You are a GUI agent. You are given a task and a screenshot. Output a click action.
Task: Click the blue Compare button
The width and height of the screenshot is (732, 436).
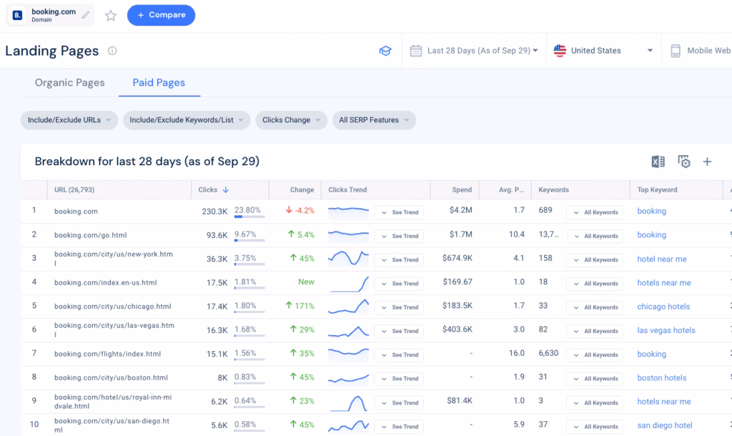point(161,15)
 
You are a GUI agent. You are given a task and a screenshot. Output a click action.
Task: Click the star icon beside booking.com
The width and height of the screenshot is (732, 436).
point(111,15)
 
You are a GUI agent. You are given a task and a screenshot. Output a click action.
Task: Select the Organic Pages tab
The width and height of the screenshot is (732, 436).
point(70,83)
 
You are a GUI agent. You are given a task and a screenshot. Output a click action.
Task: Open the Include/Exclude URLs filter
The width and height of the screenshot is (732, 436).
point(69,120)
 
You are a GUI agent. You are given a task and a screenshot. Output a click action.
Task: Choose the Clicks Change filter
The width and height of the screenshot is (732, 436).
point(291,120)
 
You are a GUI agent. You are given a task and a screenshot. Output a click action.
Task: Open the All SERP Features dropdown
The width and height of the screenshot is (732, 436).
point(374,120)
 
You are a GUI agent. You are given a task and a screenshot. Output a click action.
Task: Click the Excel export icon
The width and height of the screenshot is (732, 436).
point(658,162)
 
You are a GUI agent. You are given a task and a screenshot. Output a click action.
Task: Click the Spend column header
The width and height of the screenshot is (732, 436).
point(462,190)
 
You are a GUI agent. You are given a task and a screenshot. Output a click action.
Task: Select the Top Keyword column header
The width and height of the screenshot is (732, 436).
point(657,190)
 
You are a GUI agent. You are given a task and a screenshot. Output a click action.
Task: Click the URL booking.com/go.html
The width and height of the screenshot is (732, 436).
point(86,235)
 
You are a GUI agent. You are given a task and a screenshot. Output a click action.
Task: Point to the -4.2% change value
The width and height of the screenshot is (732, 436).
point(300,211)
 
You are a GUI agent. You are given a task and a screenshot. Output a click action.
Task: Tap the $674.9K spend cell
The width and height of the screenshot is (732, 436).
point(457,259)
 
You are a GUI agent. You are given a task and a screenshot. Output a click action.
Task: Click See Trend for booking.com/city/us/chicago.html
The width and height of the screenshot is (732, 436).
point(400,307)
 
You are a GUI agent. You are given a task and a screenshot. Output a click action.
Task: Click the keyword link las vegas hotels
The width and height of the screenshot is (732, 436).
point(666,330)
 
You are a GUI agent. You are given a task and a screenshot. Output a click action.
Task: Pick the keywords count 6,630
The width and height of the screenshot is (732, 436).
point(549,354)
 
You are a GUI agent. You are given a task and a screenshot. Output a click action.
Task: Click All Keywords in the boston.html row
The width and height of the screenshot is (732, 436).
point(595,379)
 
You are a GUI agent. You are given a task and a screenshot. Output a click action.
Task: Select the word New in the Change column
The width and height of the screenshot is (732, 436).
point(306,282)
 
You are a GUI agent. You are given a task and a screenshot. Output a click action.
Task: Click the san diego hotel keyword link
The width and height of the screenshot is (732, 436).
point(665,425)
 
